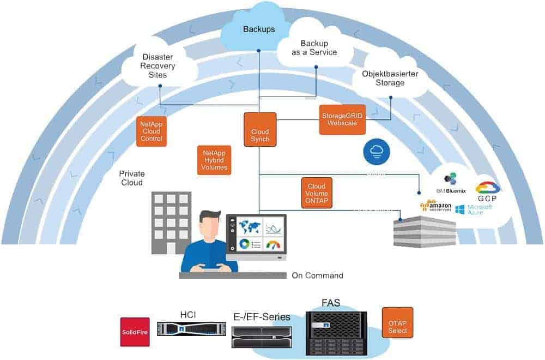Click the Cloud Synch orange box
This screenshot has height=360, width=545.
260,129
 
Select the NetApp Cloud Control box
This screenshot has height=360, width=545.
151,131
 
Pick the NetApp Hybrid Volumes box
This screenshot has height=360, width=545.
214,160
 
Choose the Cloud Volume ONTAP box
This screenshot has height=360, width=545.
317,193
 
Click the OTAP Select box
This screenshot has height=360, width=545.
397,322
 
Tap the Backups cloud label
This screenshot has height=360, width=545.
259,29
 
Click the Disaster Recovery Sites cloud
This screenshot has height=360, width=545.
158,66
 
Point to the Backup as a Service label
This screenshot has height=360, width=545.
318,48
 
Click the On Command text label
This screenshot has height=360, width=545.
317,275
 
